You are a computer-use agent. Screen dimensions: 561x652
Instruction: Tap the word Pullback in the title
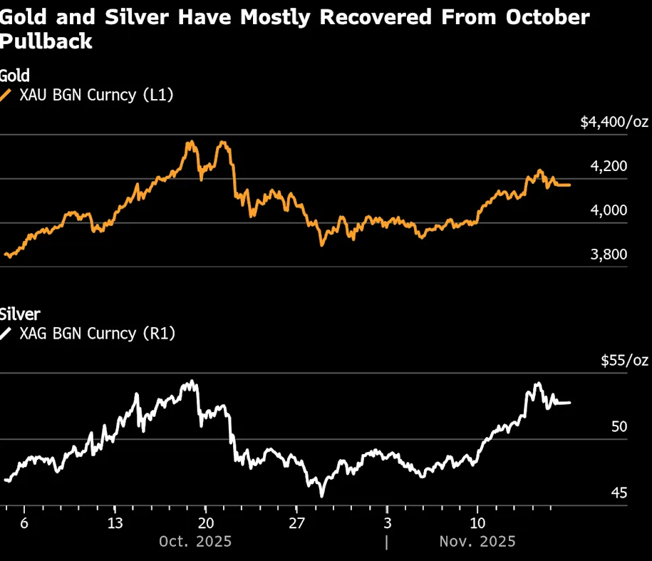46,41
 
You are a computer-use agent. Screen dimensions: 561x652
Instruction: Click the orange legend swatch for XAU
6,95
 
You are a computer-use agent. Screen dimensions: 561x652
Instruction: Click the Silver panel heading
20,314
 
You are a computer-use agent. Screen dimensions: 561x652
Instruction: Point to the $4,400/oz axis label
614,123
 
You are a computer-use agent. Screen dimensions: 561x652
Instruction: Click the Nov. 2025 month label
477,542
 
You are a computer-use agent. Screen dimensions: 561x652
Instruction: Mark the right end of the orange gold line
569,185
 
